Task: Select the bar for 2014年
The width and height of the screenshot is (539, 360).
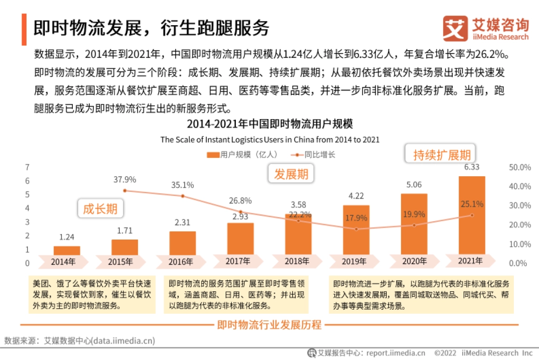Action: coord(67,250)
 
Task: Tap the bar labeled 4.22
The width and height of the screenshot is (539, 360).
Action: coord(356,230)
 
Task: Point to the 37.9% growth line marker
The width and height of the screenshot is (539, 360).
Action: coord(124,191)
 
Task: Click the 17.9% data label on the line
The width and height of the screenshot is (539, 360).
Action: coord(356,218)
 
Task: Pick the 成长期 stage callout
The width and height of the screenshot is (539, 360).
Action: coord(100,209)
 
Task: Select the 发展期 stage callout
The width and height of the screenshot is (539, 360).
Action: coord(292,174)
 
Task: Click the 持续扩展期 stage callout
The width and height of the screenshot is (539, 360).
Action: coord(442,155)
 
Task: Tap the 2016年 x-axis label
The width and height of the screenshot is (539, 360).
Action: coord(182,262)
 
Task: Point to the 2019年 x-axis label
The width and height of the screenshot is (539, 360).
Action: coord(356,262)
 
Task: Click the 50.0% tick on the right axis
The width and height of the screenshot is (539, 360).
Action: coord(520,167)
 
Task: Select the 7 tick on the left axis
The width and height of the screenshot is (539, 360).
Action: coord(27,167)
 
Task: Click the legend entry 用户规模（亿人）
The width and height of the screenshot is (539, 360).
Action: coord(242,155)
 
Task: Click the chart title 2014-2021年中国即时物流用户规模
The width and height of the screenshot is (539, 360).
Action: coord(270,124)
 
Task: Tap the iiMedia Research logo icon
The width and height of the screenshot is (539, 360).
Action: coord(455,29)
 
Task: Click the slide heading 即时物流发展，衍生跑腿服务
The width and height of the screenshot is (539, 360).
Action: coord(151,28)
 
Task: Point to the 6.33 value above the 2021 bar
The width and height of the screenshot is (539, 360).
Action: coord(472,167)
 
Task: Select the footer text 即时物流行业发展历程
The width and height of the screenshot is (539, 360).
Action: coord(269,324)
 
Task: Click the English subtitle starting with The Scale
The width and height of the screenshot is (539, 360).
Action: coord(270,140)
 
